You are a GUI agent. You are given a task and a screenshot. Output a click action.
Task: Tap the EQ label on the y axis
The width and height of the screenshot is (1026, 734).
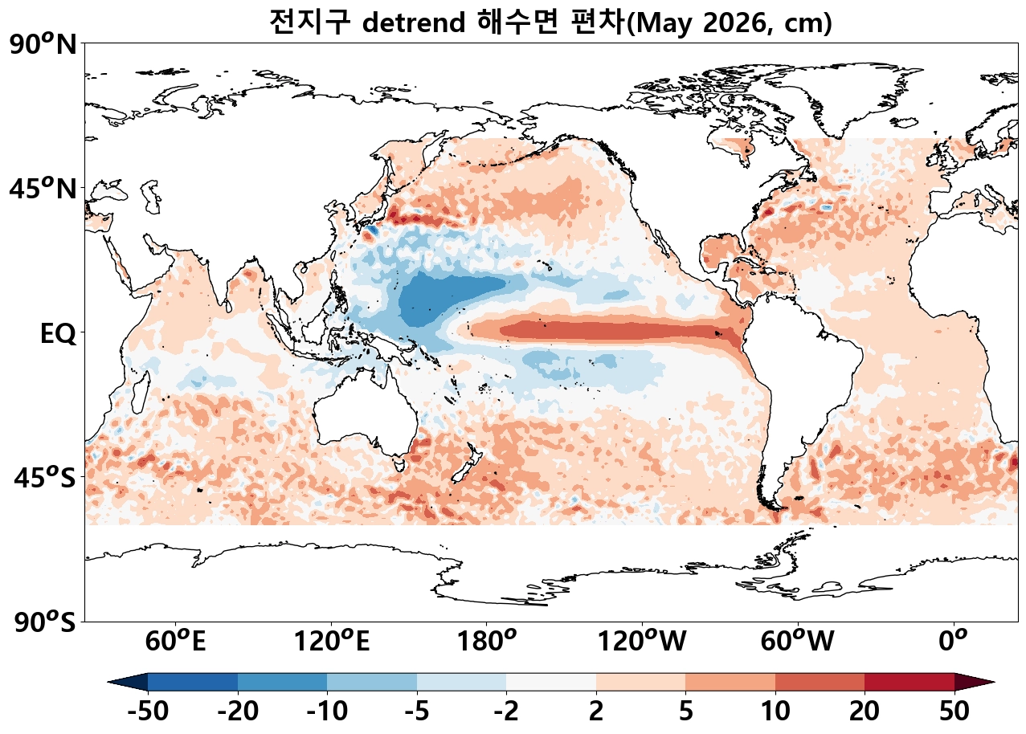pos(58,333)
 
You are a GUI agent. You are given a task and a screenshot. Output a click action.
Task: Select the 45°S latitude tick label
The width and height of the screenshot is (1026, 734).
pos(46,478)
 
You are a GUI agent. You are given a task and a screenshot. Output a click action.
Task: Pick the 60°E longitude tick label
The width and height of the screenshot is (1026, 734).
pos(174,642)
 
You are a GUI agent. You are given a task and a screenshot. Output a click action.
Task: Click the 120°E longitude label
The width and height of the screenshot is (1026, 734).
pos(331,642)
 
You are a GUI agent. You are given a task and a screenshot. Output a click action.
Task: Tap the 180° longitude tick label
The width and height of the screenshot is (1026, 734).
pos(486,642)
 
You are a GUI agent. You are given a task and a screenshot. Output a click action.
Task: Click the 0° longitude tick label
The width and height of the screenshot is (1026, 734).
pos(954,642)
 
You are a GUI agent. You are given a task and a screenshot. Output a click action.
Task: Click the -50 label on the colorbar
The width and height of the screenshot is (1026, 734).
pos(148,712)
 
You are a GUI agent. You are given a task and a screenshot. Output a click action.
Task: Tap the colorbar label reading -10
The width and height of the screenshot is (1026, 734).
pos(327,712)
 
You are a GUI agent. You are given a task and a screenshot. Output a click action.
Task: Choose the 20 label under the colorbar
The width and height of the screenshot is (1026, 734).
pos(865,712)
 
